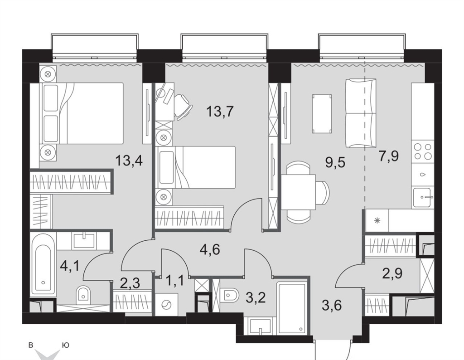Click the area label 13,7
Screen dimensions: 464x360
point(220,112)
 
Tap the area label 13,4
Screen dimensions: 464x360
point(129,161)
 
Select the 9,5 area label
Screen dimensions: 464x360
point(335,162)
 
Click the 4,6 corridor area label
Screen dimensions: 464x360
point(210,249)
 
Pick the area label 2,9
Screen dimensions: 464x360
point(392,273)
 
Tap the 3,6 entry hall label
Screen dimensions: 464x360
point(332,305)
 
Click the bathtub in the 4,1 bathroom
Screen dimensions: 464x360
point(43,263)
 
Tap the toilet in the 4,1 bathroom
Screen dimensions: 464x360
point(83,295)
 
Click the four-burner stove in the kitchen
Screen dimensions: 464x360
point(423,151)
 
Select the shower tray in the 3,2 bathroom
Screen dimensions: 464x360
point(291,308)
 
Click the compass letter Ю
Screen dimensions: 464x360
point(66,345)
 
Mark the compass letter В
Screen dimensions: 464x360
point(30,345)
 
